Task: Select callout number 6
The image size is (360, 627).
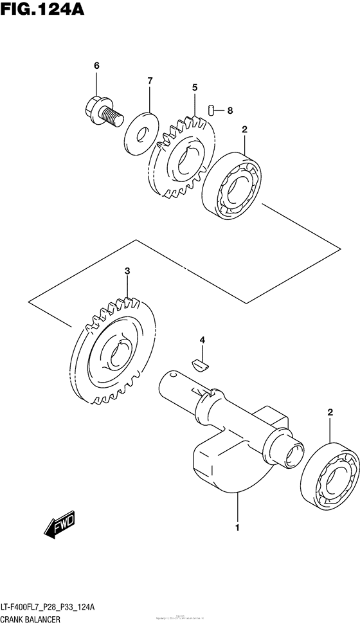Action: (97, 66)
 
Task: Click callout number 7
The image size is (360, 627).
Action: (149, 81)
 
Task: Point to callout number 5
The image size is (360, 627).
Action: (194, 87)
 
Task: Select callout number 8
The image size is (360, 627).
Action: (230, 111)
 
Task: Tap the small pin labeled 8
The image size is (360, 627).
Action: (211, 110)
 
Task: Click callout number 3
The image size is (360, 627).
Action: (127, 271)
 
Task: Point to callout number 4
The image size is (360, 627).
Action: (201, 339)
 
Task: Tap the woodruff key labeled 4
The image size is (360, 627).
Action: (201, 364)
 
